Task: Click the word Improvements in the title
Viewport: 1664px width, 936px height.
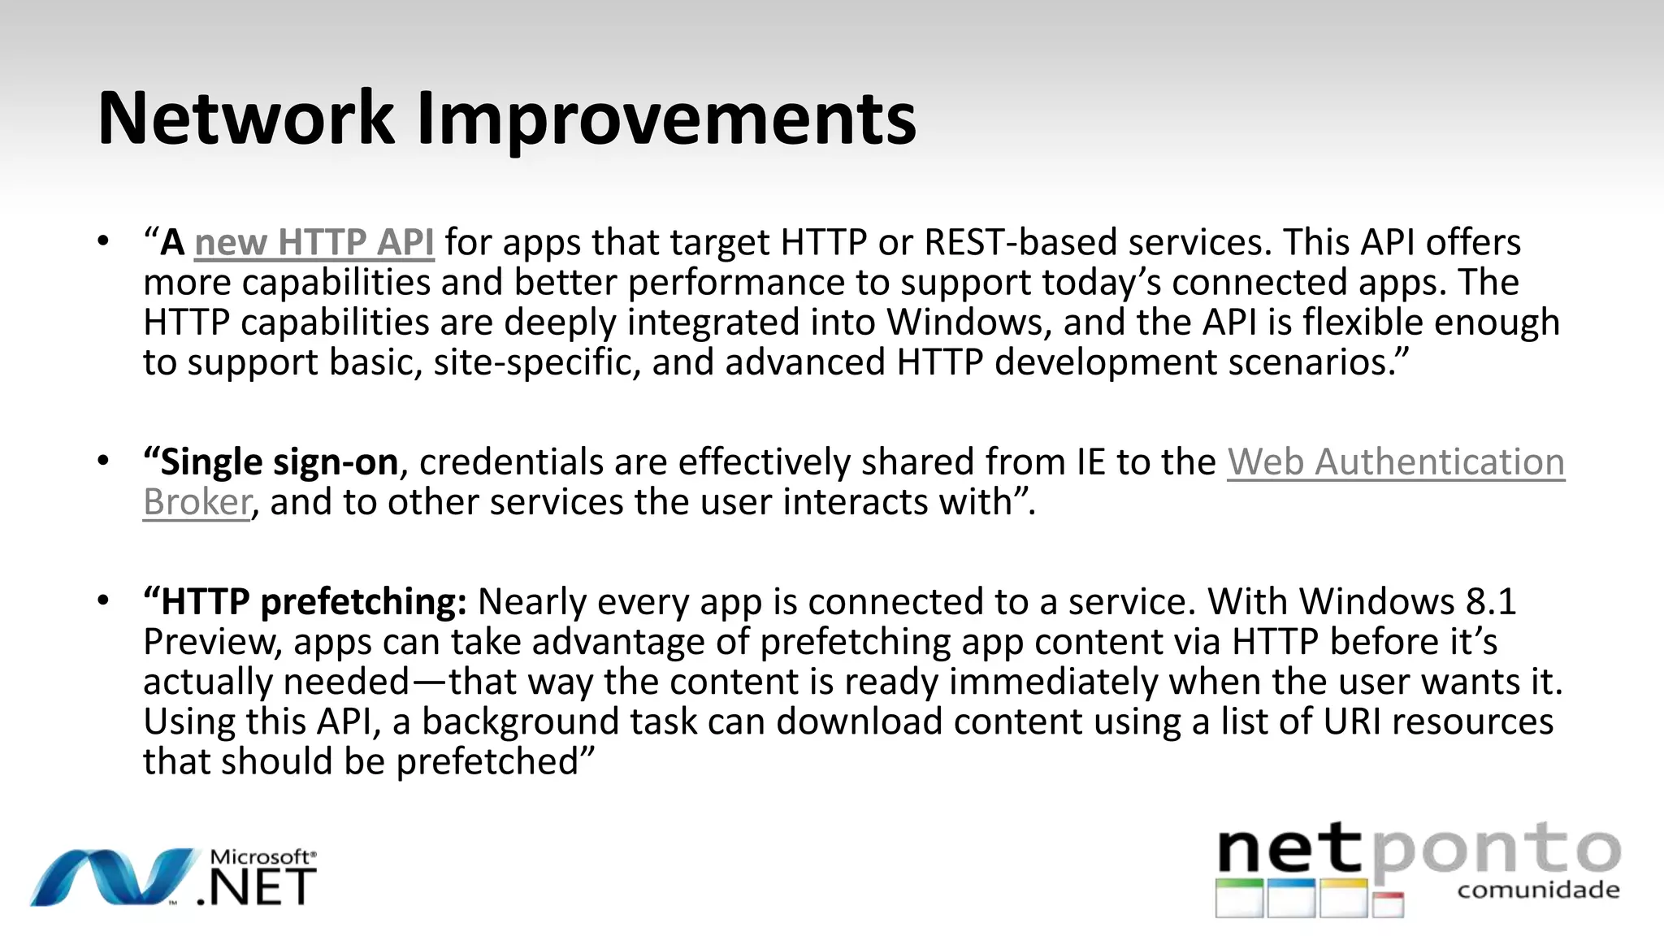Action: (666, 120)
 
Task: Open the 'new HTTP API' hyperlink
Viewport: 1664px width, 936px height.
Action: (314, 242)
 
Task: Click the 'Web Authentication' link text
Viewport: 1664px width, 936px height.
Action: (1395, 461)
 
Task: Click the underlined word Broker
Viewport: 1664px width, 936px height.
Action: (197, 502)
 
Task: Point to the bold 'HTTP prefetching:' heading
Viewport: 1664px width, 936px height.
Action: (305, 602)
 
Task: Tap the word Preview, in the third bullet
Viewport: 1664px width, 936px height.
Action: (212, 642)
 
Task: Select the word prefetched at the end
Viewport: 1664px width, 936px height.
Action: (487, 761)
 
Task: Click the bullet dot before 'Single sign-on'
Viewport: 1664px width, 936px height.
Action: (103, 461)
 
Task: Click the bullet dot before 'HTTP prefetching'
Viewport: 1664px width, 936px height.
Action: (103, 601)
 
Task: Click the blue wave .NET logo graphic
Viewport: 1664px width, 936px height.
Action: (114, 877)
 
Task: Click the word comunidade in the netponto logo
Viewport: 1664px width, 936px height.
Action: (1537, 890)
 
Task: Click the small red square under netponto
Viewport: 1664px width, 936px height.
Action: (1389, 904)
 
